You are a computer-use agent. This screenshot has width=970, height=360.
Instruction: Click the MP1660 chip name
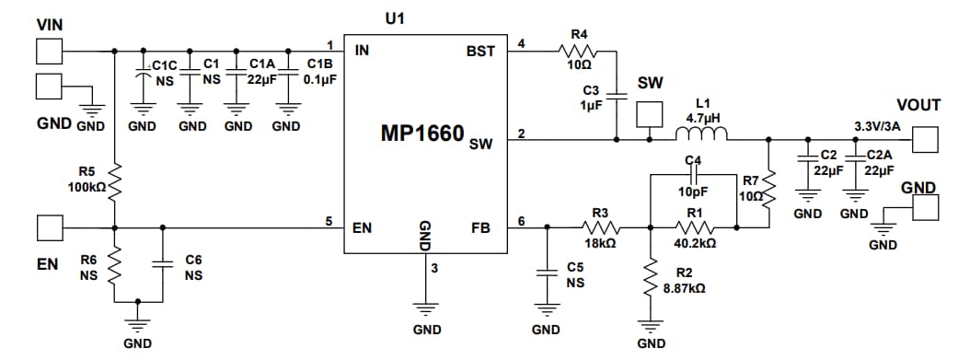point(423,134)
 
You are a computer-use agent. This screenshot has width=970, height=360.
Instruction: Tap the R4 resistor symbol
point(580,51)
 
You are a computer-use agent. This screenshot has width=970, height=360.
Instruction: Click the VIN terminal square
point(49,51)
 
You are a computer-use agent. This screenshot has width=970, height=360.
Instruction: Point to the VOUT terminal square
point(926,140)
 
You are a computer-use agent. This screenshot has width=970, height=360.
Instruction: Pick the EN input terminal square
point(49,226)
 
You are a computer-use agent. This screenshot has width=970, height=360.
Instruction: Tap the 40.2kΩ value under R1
point(694,244)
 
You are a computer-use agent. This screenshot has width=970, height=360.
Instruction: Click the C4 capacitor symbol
point(694,172)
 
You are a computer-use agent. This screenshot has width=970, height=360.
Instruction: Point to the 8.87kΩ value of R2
point(684,288)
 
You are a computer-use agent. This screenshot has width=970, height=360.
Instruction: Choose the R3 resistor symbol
point(601,226)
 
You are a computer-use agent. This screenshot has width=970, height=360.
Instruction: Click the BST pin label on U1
point(480,52)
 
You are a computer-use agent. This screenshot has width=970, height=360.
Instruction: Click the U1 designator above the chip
point(396,18)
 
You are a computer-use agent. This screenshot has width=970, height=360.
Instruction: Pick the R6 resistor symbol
point(114,268)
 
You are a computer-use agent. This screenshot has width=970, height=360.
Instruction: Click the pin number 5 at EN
point(329,220)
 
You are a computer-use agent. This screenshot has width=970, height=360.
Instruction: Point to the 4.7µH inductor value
point(703,119)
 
